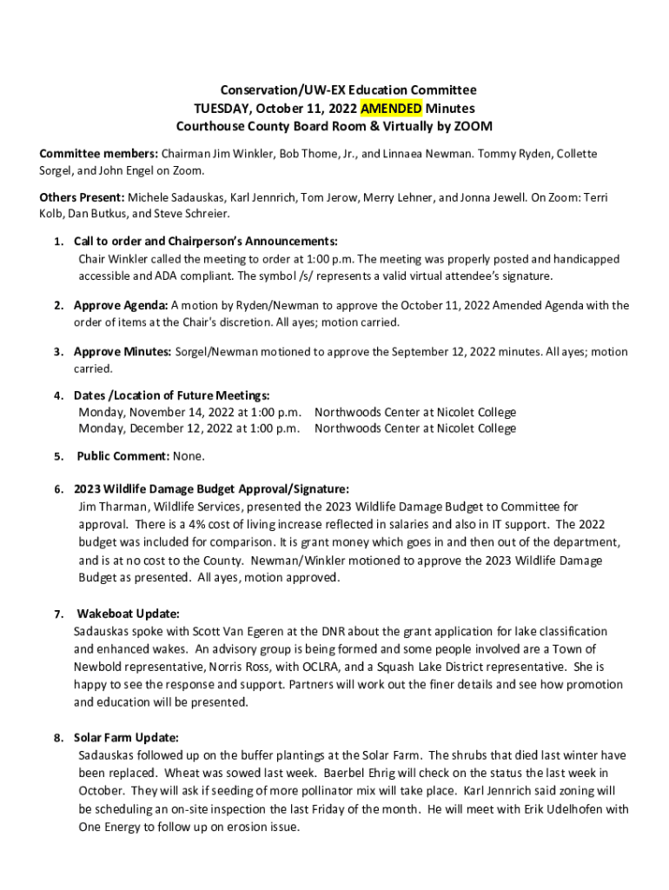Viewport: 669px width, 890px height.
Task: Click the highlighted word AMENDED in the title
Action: click(391, 109)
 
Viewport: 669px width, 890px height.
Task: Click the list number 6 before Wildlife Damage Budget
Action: click(56, 489)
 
